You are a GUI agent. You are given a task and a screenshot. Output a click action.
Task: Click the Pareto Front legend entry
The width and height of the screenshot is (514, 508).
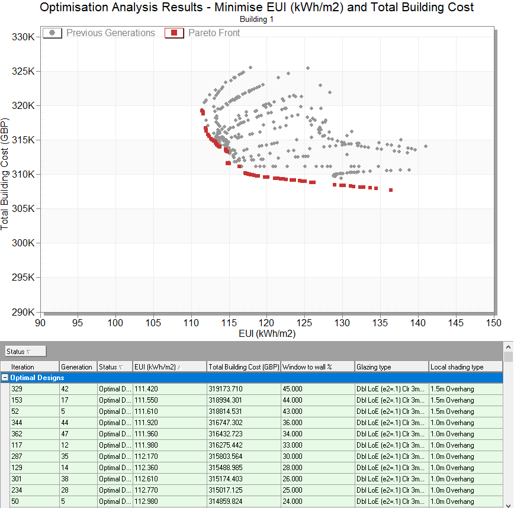(x=203, y=33)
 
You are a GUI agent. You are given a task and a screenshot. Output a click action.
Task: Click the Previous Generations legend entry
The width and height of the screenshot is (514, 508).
(x=99, y=33)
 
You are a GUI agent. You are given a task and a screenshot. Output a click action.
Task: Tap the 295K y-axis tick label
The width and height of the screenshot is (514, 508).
(x=23, y=277)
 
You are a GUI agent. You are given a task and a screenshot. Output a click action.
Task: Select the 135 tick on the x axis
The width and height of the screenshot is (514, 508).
(x=380, y=323)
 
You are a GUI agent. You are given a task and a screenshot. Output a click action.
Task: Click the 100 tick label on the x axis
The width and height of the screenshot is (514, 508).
(x=115, y=323)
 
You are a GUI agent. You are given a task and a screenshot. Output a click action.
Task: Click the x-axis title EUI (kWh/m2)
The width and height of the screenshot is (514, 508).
(x=267, y=334)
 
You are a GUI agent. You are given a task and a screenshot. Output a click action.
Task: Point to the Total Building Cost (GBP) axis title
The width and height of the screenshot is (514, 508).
(x=5, y=174)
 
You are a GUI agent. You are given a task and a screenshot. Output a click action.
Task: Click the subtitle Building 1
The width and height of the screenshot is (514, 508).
(x=256, y=20)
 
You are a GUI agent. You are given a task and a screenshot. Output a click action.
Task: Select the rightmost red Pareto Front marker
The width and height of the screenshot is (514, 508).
(x=391, y=190)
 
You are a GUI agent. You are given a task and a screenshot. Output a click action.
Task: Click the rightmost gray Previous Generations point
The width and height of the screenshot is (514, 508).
(x=426, y=146)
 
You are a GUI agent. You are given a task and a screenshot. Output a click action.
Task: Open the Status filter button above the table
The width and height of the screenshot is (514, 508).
(x=25, y=351)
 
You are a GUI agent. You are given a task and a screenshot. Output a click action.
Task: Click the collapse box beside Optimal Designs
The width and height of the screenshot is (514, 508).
(x=5, y=378)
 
